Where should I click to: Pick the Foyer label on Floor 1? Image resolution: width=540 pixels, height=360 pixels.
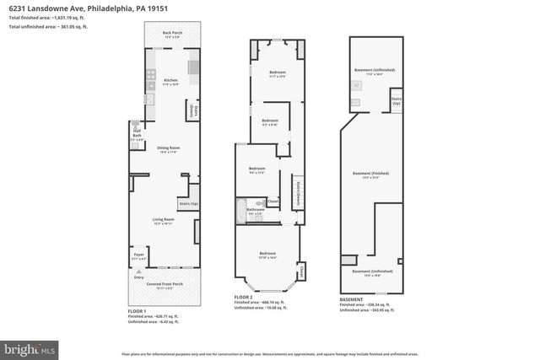coord(139,255)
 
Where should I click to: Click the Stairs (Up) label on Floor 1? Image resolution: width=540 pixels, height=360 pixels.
coord(188,203)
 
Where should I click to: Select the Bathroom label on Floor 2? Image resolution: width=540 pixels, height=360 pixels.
coord(256,211)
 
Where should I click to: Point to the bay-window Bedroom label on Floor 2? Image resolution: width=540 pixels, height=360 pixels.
coord(267,255)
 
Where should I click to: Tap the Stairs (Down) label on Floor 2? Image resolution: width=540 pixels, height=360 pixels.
coord(297,193)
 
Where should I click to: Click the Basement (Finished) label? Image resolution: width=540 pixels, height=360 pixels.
coord(372,175)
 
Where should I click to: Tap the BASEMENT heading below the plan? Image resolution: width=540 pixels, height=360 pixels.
coord(351,298)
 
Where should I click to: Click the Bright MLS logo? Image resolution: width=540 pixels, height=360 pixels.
coord(30,347)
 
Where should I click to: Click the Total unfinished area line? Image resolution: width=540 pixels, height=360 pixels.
coord(48,27)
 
